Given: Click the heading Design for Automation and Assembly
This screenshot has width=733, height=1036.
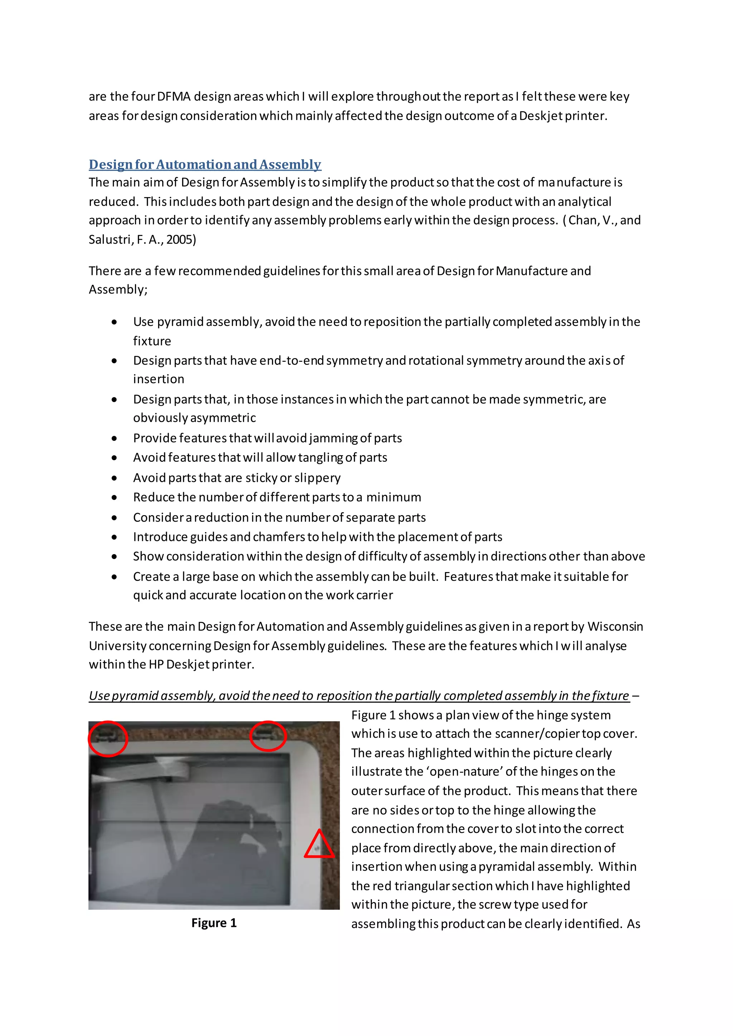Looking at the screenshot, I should pyautogui.click(x=205, y=164).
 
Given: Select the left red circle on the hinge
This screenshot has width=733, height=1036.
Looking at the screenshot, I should pyautogui.click(x=108, y=739).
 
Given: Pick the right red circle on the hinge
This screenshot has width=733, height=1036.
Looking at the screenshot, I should pyautogui.click(x=268, y=736).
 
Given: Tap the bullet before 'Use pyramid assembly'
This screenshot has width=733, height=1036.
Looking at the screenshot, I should pyautogui.click(x=115, y=322).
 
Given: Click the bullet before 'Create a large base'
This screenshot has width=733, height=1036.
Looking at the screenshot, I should pyautogui.click(x=115, y=577).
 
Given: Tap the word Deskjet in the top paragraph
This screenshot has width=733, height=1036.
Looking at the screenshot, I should pyautogui.click(x=540, y=116).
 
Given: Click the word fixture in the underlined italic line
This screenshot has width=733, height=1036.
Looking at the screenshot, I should pyautogui.click(x=607, y=696).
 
